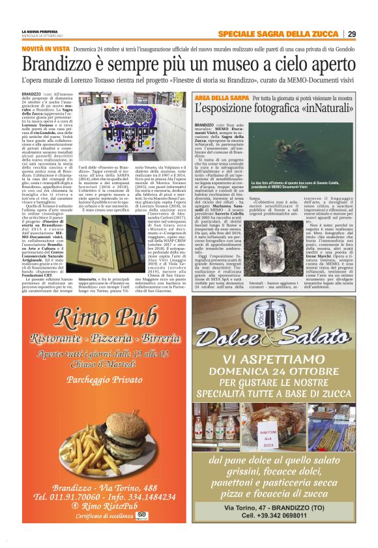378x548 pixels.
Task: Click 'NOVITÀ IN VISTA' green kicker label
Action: pos(45,49)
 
